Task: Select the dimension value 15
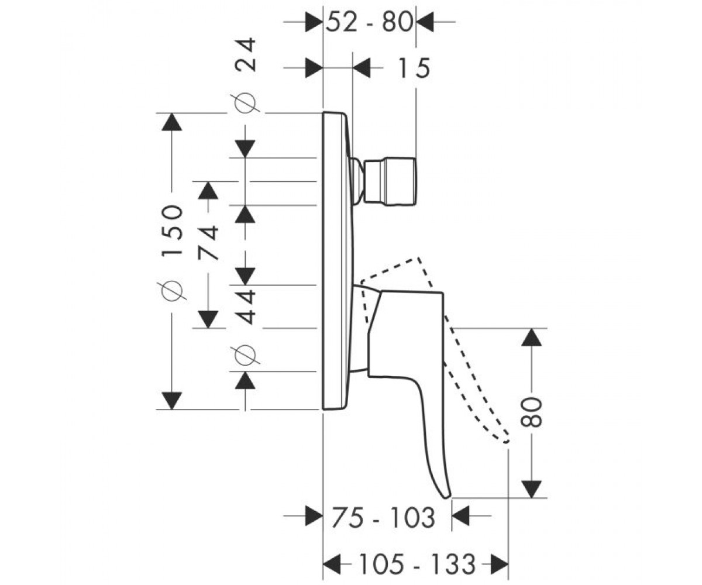click(x=414, y=68)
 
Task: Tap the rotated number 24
click(x=246, y=55)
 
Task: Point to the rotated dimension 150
click(x=172, y=230)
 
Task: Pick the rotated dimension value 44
click(x=246, y=307)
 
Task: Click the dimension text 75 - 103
click(x=384, y=518)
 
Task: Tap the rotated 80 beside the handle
click(x=531, y=412)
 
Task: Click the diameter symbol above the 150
click(x=172, y=290)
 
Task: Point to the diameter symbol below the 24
click(x=245, y=103)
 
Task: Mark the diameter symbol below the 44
click(x=245, y=355)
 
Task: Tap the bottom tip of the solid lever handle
click(x=448, y=497)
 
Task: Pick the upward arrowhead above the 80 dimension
click(x=532, y=337)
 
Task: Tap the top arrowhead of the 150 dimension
click(x=172, y=122)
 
